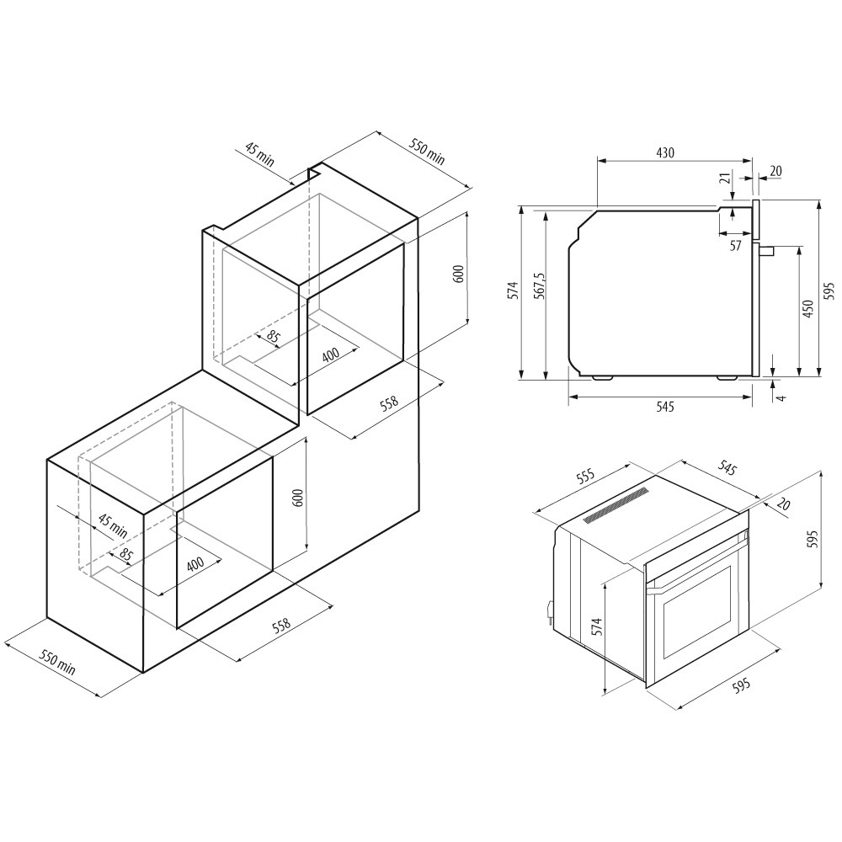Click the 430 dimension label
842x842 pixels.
pyautogui.click(x=665, y=152)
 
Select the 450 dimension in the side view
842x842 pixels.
pyautogui.click(x=807, y=310)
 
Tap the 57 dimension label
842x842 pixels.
pyautogui.click(x=736, y=245)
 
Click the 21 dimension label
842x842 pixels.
pyautogui.click(x=724, y=179)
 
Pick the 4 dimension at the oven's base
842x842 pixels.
pyautogui.click(x=782, y=397)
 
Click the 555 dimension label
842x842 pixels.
pyautogui.click(x=585, y=476)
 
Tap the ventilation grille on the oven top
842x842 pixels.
pyautogui.click(x=616, y=504)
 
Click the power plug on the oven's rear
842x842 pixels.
pyautogui.click(x=549, y=611)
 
